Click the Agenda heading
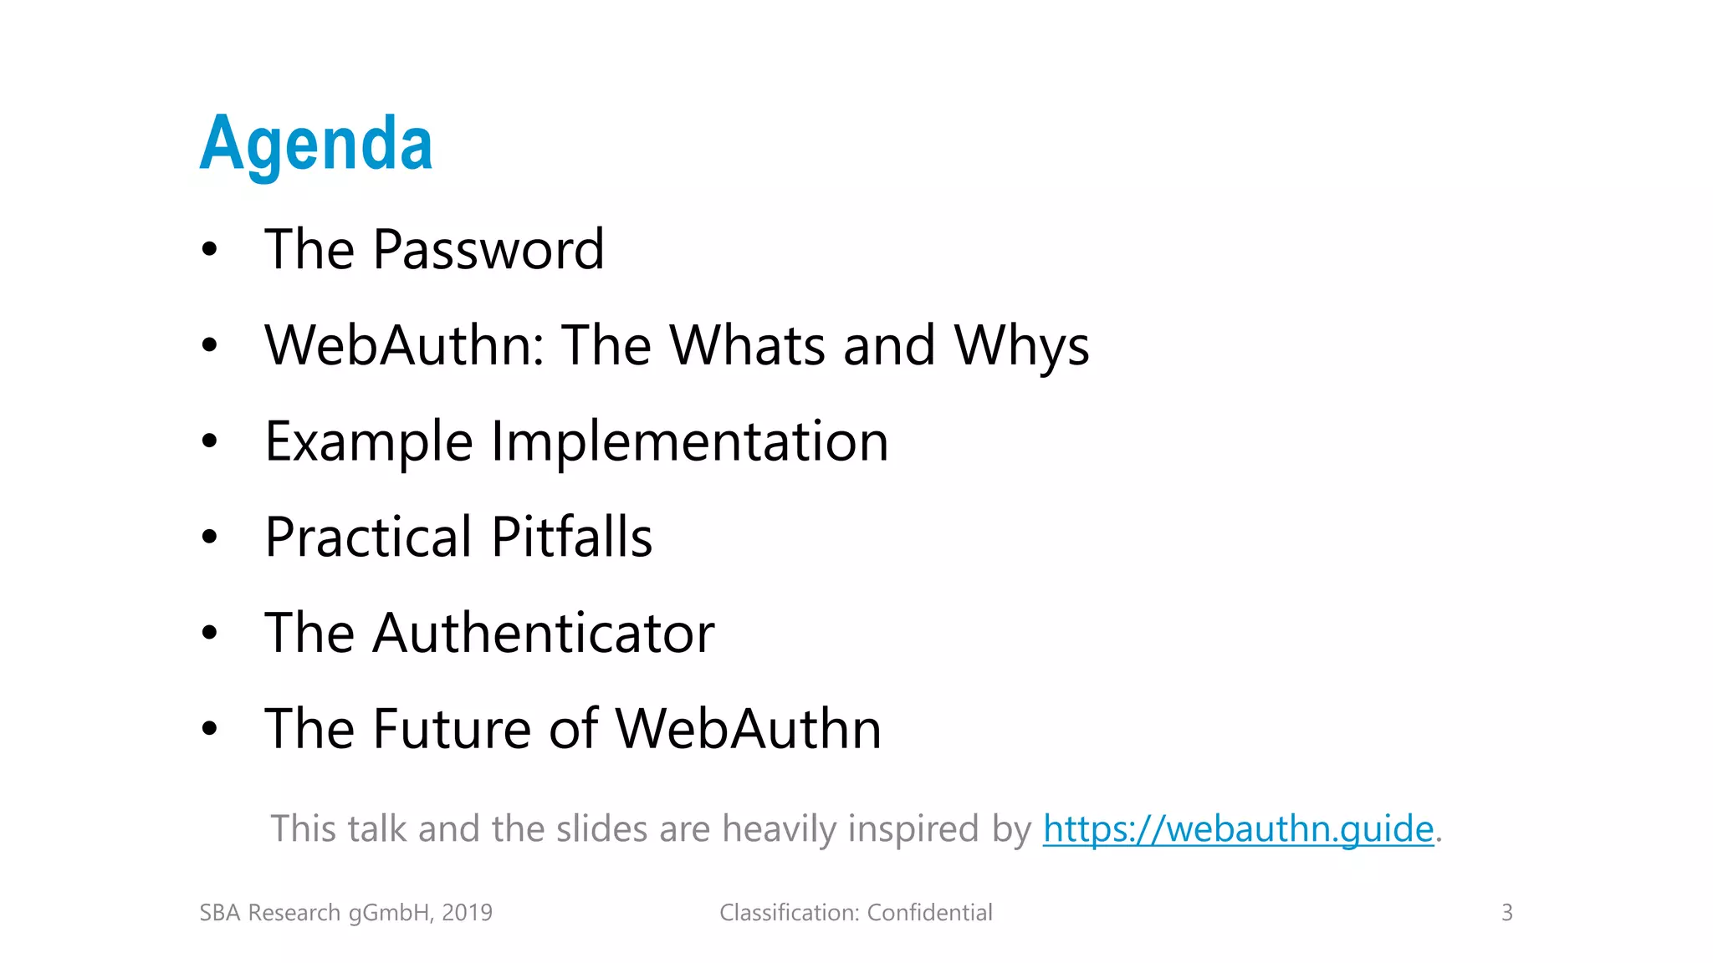pos(316,144)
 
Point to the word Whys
pos(1021,345)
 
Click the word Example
pos(369,441)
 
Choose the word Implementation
pos(689,441)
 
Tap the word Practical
pos(369,537)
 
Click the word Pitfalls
pos(571,537)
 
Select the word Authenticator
pos(544,633)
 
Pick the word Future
pos(452,728)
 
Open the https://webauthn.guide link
pos(1238,828)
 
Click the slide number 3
pos(1506,912)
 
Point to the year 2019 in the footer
pos(467,912)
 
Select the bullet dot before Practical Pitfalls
pos(209,538)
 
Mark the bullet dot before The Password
pos(209,249)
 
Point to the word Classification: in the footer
pos(790,912)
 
